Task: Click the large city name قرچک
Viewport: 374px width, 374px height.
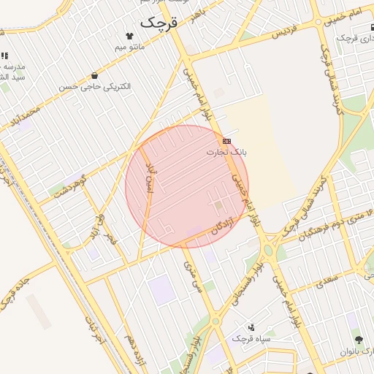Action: pyautogui.click(x=159, y=22)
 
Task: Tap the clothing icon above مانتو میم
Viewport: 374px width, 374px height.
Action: pyautogui.click(x=130, y=35)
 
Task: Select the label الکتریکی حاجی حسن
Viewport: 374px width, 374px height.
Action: pyautogui.click(x=95, y=86)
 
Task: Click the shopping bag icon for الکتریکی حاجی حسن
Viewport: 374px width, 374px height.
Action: pyautogui.click(x=95, y=75)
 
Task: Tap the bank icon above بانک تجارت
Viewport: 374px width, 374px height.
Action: pyautogui.click(x=227, y=141)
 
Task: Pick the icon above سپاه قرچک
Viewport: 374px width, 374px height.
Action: pyautogui.click(x=252, y=327)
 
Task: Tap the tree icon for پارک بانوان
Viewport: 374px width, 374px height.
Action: pyautogui.click(x=359, y=340)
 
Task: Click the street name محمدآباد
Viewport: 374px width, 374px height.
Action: pyautogui.click(x=26, y=118)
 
